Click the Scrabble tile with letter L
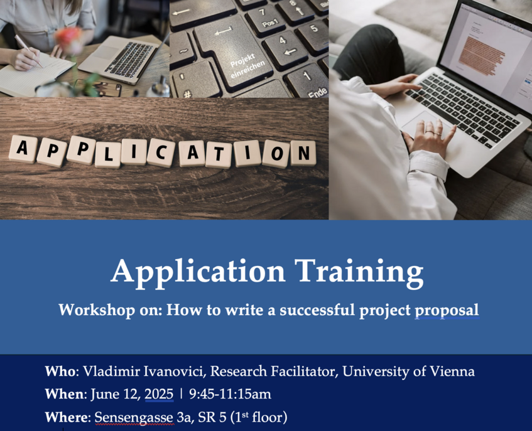[108, 154]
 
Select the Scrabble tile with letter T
[219, 154]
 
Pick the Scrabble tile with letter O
[276, 154]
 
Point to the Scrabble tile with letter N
[303, 153]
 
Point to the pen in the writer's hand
[28, 51]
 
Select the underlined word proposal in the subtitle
[447, 311]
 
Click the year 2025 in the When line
[159, 394]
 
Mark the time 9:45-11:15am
[230, 394]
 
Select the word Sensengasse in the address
[134, 417]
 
